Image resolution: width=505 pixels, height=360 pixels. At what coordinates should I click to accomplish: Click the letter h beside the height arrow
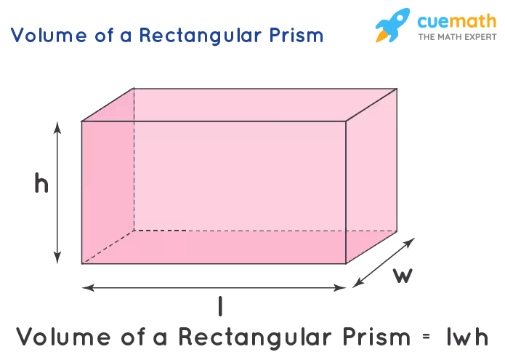coord(41,183)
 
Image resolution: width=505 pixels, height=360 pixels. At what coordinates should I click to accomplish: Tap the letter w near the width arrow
coord(403,276)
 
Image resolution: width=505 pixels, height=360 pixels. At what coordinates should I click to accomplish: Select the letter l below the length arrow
coord(220,306)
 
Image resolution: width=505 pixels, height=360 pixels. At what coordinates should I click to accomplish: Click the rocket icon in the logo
coord(392,25)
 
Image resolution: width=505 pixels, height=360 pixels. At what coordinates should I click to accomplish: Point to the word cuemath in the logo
coord(457,21)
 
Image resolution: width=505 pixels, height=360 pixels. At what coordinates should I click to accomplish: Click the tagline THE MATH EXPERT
coord(457,37)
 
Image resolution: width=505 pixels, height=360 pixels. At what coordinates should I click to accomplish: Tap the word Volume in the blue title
coord(49,35)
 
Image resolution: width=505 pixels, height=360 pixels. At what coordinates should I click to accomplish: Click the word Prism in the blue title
coord(296,35)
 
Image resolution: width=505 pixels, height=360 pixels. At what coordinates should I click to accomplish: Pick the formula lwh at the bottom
coord(468,337)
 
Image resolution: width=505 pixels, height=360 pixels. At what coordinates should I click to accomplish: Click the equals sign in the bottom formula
coord(426,336)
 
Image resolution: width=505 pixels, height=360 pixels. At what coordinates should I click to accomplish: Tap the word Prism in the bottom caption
coord(376,337)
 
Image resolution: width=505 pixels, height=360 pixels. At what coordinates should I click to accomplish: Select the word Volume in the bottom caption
coord(63,337)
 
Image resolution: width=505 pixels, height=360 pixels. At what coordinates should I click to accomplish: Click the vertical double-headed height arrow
coord(57,193)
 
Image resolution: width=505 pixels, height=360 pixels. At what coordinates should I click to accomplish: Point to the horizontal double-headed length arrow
coord(214,287)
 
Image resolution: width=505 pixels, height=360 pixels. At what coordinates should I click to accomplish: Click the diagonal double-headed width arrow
coord(384,263)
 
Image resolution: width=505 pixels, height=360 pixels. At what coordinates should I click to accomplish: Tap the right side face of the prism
coord(371,176)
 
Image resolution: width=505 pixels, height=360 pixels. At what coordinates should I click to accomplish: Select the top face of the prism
coord(239,105)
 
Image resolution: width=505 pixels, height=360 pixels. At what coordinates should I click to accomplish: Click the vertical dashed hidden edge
coord(134,159)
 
